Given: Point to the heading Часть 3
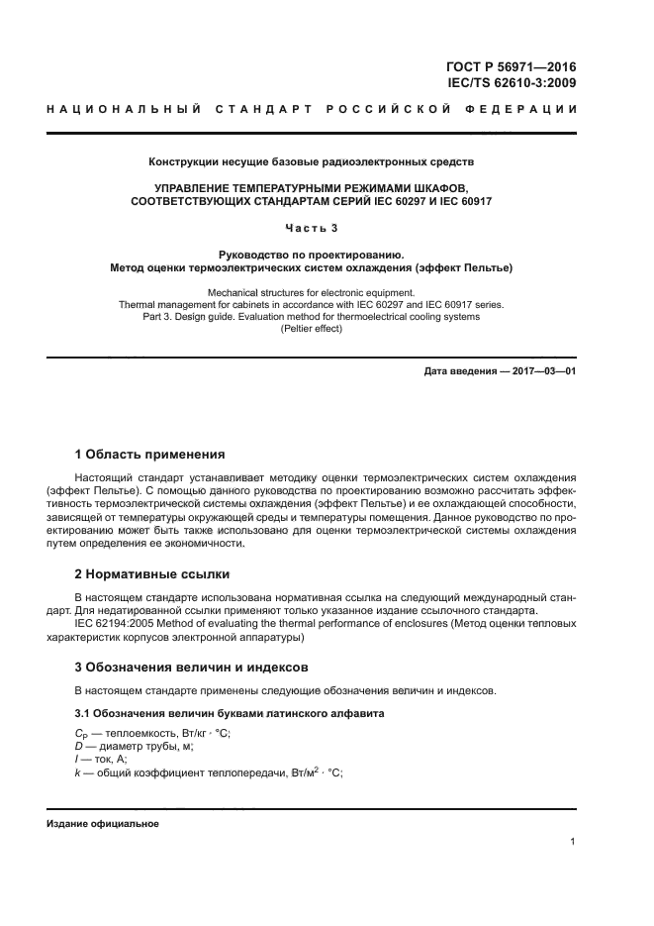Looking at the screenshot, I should pyautogui.click(x=312, y=229).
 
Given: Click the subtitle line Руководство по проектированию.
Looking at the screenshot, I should pyautogui.click(x=312, y=255).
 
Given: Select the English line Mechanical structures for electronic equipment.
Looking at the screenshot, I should pyautogui.click(x=312, y=293).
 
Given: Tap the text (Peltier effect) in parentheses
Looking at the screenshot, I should pyautogui.click(x=312, y=329).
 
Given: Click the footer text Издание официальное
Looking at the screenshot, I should pyautogui.click(x=102, y=824).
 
